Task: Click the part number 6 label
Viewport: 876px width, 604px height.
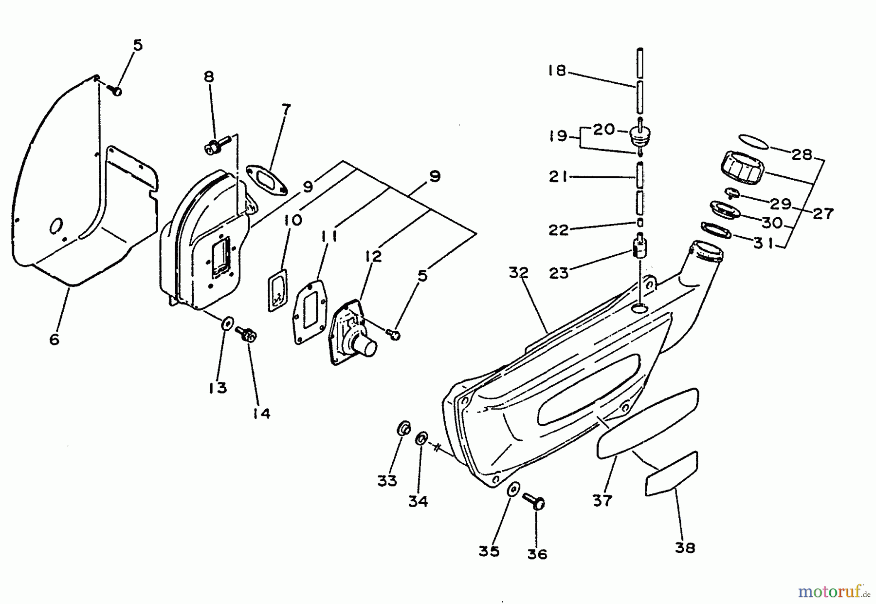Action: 54,339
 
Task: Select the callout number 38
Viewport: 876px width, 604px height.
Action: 685,547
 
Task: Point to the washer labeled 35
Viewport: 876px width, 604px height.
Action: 512,490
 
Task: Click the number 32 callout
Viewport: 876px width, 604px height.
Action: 519,273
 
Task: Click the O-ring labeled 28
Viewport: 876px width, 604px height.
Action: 754,142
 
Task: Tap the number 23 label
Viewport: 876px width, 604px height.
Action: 559,273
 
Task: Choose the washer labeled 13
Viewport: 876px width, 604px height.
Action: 227,323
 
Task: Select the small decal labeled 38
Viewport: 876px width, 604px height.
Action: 671,474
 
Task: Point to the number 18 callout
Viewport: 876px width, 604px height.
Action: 557,71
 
